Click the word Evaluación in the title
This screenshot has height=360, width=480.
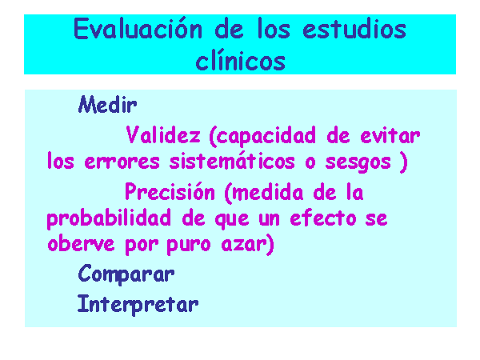click(138, 29)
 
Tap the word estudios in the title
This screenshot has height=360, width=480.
click(354, 29)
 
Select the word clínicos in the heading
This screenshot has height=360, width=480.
click(240, 61)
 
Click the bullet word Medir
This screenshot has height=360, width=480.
click(107, 104)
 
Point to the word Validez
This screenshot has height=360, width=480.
click(163, 135)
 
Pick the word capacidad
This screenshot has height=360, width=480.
click(262, 136)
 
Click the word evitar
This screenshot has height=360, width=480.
click(390, 135)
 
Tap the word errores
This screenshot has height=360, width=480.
click(122, 161)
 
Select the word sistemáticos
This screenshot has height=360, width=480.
click(232, 160)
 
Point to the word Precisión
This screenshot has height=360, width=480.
click(170, 191)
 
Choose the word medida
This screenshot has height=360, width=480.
click(268, 193)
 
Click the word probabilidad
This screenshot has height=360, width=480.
click(109, 218)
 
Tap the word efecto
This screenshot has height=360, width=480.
click(323, 218)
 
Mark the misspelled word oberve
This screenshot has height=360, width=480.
click(81, 243)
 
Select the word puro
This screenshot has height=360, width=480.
click(189, 246)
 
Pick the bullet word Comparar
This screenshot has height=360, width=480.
click(126, 274)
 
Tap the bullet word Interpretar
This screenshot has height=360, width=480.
click(138, 305)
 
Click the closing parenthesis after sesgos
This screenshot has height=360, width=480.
click(404, 162)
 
